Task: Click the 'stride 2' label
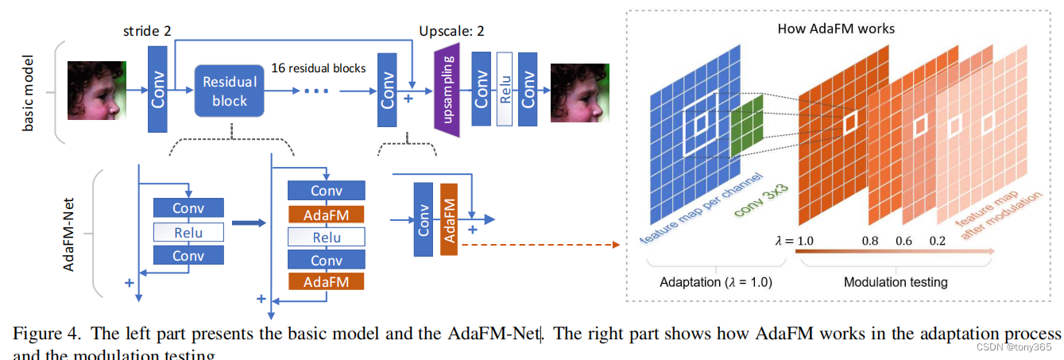[147, 32]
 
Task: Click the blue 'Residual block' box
[230, 91]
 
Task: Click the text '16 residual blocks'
[319, 68]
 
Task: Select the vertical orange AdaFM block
[449, 219]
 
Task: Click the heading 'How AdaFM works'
[837, 29]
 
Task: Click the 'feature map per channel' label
[700, 207]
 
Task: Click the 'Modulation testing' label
[895, 282]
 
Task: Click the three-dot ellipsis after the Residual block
[315, 91]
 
